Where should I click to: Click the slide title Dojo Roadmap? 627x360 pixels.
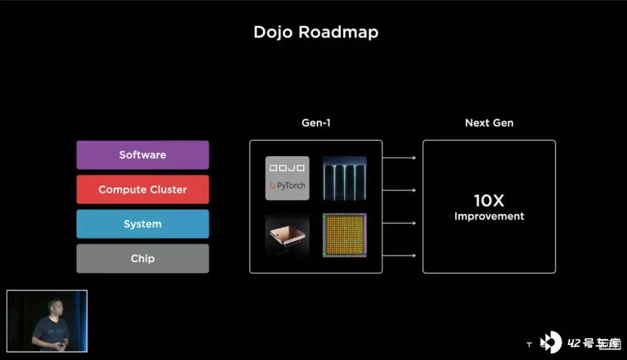click(316, 33)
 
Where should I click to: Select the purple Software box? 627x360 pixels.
click(143, 155)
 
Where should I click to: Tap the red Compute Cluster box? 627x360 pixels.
click(143, 189)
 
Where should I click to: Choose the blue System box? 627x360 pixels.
click(143, 224)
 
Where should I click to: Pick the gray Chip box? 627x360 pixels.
click(143, 258)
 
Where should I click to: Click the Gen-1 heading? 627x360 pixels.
click(316, 123)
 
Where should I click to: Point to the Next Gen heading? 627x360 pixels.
click(489, 123)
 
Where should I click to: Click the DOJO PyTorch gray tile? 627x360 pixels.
click(287, 178)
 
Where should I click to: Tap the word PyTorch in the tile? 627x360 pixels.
click(291, 186)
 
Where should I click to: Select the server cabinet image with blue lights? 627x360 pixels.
click(345, 178)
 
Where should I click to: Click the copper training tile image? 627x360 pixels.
click(287, 235)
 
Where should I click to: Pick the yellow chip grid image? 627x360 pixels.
click(345, 235)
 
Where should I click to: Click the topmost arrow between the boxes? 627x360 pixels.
click(399, 157)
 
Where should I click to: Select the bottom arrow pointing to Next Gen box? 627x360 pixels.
click(399, 255)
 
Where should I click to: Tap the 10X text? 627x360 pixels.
click(489, 200)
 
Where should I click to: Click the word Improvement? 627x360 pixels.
click(489, 217)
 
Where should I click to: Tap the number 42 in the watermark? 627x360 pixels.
click(574, 343)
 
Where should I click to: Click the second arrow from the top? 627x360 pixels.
click(399, 190)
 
